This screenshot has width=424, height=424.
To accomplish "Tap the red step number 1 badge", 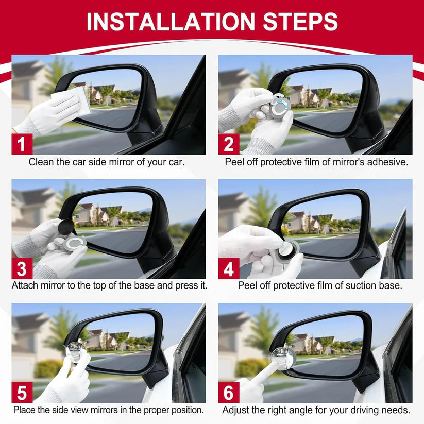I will click(x=22, y=144).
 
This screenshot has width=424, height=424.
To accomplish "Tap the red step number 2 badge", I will click(x=229, y=144).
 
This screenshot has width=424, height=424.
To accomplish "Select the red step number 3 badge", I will click(x=22, y=268).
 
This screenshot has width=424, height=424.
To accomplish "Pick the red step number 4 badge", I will click(x=229, y=268).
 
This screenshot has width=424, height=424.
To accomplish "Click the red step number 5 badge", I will click(x=22, y=393).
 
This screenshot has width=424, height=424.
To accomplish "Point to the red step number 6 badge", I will click(x=229, y=393).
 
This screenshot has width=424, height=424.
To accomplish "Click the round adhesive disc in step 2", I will click(x=280, y=106).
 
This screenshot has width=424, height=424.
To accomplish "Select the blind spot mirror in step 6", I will click(x=282, y=356).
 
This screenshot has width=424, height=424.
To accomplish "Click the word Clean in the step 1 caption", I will click(x=40, y=162).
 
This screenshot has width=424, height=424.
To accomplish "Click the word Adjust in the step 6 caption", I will click(x=234, y=410).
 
